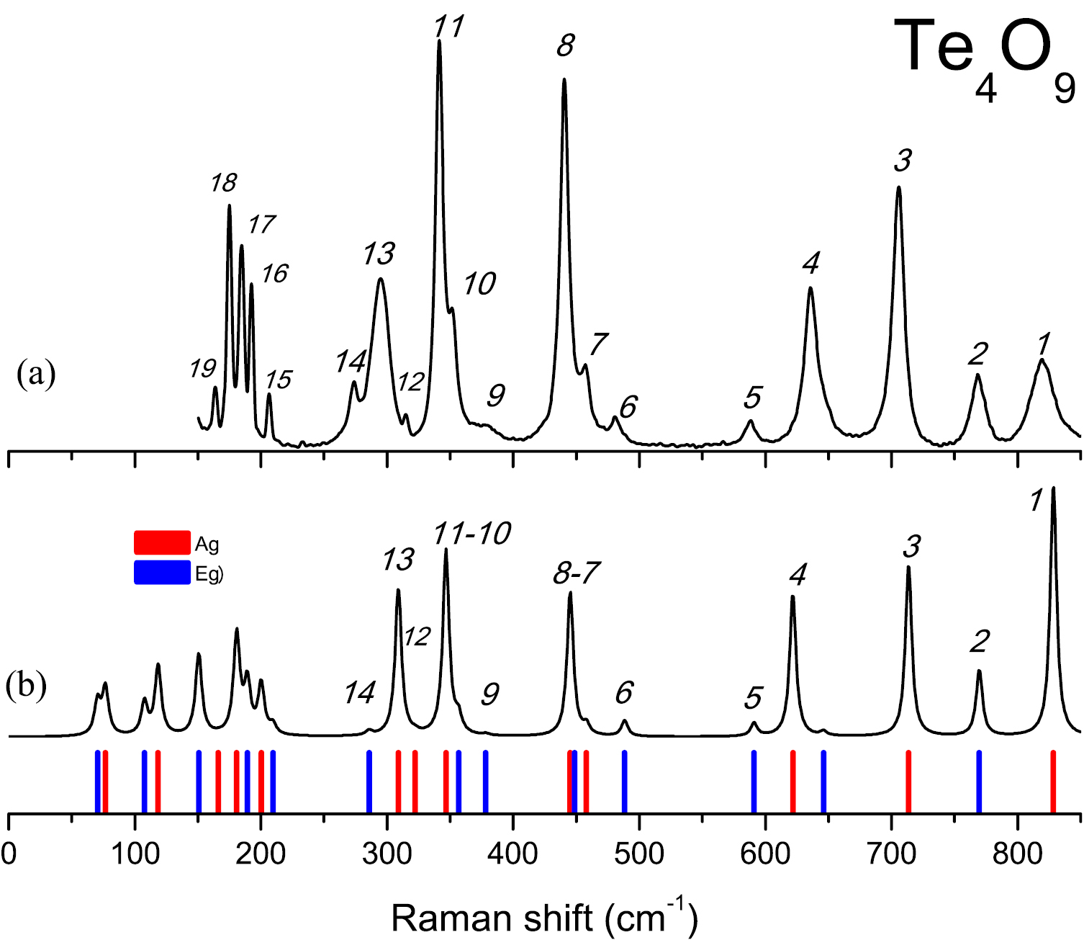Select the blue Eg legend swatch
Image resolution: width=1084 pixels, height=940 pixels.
(x=162, y=573)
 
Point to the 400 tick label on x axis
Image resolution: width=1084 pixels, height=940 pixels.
(x=512, y=854)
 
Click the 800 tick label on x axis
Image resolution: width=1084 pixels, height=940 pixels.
(x=1017, y=854)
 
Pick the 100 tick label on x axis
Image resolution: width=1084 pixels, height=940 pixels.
(x=135, y=854)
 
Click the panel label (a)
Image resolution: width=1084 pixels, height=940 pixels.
(x=35, y=374)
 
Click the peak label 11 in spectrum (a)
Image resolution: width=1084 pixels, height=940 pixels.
(x=448, y=27)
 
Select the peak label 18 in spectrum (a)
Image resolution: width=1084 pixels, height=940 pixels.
(x=223, y=183)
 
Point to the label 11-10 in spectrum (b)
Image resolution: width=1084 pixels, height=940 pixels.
(x=471, y=534)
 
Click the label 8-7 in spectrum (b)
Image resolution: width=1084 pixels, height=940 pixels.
(x=577, y=573)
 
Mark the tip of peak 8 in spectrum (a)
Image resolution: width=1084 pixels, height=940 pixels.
(x=564, y=79)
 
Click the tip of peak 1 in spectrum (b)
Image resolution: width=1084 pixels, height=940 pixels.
(x=1053, y=488)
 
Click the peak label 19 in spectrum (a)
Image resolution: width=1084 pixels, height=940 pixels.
(x=203, y=369)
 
